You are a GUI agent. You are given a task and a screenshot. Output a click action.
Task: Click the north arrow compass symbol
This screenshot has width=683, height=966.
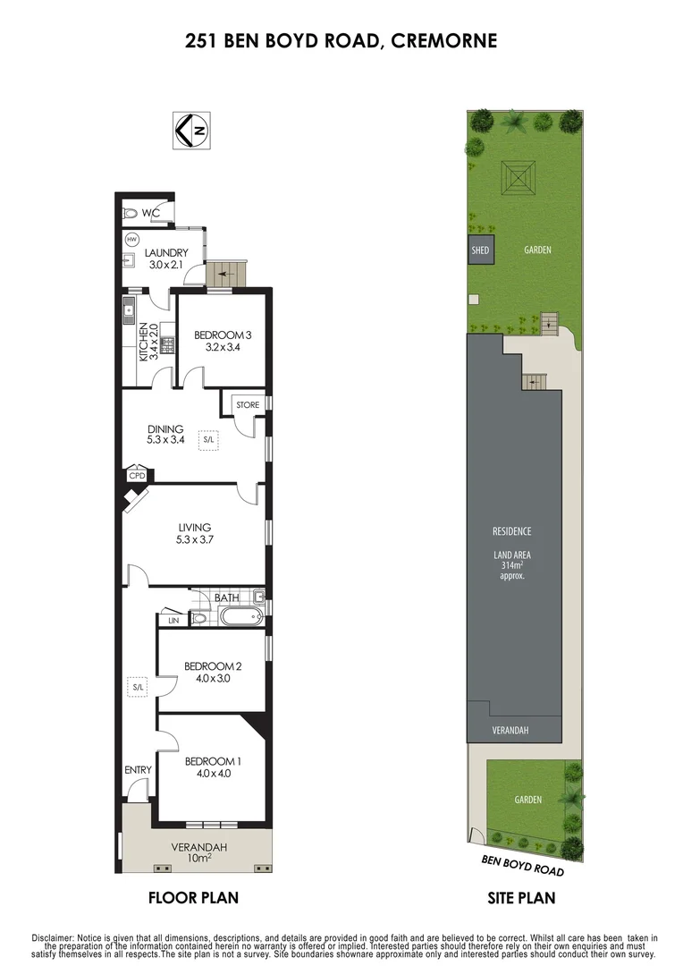190,131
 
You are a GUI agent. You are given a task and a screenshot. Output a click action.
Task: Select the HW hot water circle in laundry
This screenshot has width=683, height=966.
131,240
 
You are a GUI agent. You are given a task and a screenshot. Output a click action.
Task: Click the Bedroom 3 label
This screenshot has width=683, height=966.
223,335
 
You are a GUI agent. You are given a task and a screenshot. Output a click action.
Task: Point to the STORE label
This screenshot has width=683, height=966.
248,405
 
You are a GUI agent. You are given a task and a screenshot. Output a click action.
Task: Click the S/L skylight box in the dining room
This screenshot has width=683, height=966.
209,439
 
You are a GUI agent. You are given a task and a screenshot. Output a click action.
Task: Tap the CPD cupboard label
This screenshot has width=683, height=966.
136,476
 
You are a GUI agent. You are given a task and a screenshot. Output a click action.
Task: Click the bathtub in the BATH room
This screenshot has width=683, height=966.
235,616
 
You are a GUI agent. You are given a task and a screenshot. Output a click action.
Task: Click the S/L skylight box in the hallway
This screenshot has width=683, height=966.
138,687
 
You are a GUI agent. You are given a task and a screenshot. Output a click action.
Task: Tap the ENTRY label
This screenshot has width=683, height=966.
138,769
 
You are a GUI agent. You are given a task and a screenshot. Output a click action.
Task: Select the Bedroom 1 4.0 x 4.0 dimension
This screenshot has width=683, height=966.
213,775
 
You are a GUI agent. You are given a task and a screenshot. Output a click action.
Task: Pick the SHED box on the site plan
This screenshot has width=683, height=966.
480,250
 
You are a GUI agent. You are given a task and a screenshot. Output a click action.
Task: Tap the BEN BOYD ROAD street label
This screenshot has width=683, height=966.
523,864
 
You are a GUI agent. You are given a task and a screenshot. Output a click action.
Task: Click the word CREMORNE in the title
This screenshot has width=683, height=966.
445,40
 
